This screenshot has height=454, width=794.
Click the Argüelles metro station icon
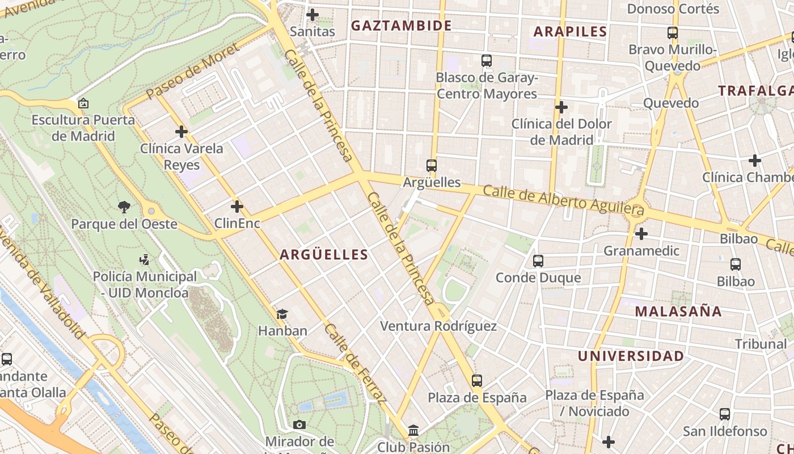click(x=432, y=166)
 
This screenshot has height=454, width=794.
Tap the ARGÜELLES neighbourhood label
click(x=324, y=255)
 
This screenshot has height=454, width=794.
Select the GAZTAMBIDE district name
click(x=401, y=26)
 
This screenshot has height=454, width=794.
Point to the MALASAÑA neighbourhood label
click(x=678, y=311)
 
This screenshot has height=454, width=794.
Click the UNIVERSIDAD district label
click(x=631, y=356)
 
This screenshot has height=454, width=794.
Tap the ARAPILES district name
click(x=570, y=32)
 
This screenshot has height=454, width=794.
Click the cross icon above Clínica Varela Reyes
click(x=181, y=132)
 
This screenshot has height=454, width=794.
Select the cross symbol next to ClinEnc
click(x=237, y=207)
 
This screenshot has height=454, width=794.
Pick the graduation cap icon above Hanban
click(x=282, y=314)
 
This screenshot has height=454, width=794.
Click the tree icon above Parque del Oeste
click(x=124, y=207)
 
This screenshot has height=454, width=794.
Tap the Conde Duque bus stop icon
click(x=538, y=261)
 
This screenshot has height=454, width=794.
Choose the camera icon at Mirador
click(x=299, y=424)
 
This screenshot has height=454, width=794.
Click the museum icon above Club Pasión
click(x=413, y=430)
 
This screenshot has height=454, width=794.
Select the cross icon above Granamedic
click(x=641, y=234)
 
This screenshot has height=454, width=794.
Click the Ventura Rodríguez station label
click(x=438, y=326)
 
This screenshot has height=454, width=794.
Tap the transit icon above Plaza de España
click(x=477, y=380)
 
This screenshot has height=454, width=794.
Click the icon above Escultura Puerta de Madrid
click(x=83, y=104)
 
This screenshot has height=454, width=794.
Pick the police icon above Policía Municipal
click(x=144, y=260)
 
